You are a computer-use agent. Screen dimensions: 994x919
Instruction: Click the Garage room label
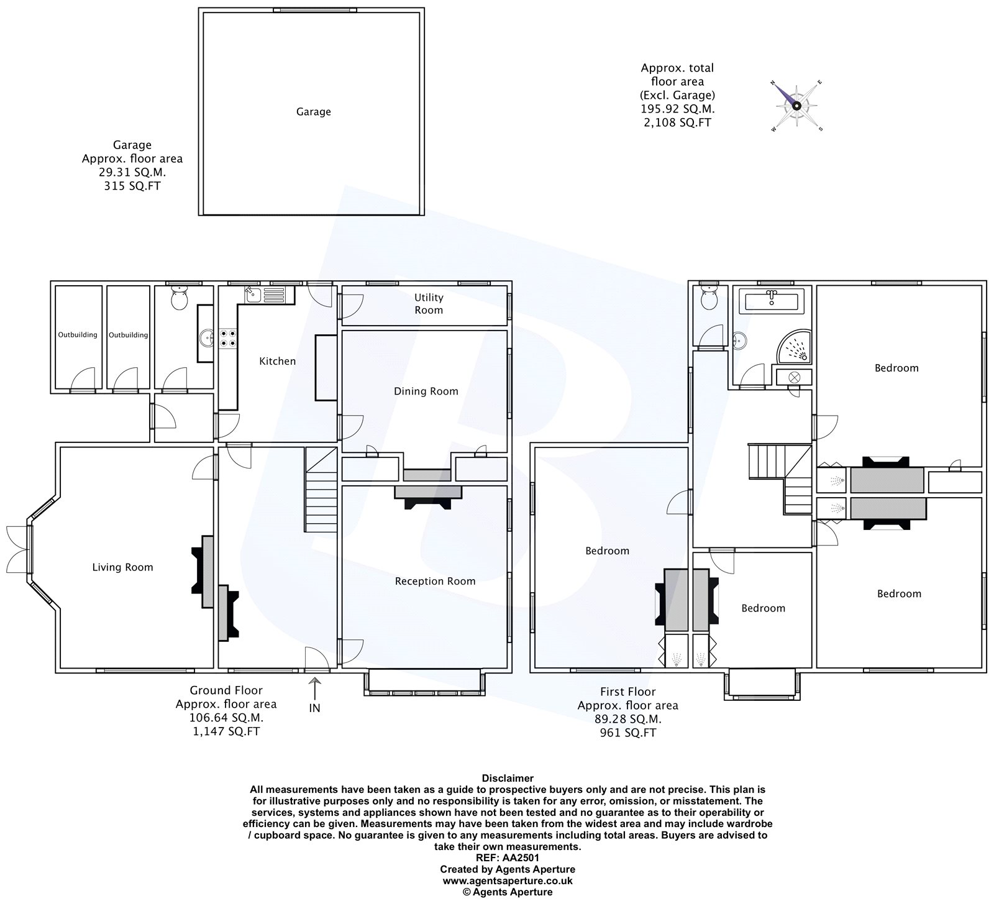pos(313,112)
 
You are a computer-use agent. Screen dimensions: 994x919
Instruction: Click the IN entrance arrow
pos(314,690)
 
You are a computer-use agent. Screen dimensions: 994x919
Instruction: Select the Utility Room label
pos(429,304)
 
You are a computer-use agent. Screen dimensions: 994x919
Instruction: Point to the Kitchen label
pos(277,361)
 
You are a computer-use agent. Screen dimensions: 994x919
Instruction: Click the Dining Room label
pos(426,391)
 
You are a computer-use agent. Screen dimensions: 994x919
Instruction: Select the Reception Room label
pos(435,582)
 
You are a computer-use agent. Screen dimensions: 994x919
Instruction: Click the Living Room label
pos(122,567)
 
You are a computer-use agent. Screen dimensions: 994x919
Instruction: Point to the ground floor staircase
pos(321,490)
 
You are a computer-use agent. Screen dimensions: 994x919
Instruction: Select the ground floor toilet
pos(180,298)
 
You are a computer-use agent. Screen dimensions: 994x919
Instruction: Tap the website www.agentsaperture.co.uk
pos(508,881)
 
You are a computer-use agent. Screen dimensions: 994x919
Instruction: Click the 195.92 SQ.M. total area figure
pos(678,109)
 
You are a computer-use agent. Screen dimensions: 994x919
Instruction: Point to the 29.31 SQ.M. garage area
pos(132,172)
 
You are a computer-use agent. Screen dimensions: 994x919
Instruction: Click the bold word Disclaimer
pos(508,778)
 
